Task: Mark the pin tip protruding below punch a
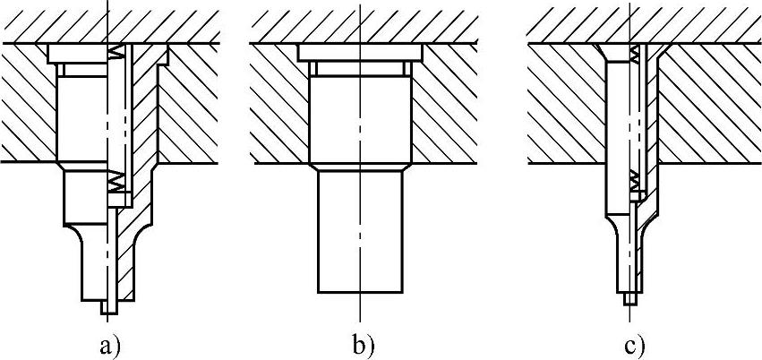tap(109, 306)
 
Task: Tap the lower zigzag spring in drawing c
tap(635, 181)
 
